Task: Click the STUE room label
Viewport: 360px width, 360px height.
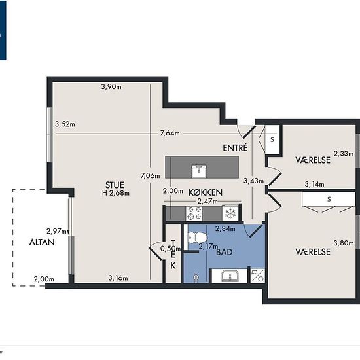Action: (115, 185)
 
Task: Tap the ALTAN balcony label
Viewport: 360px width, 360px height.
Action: (42, 242)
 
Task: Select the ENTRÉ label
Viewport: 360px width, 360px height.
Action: (236, 148)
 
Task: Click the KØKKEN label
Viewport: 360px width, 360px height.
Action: (206, 192)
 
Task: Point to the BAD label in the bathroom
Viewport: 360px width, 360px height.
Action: (225, 252)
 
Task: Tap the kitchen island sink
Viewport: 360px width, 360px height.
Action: (199, 171)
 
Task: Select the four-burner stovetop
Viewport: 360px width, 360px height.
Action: (194, 213)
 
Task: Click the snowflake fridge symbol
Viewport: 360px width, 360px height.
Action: (230, 213)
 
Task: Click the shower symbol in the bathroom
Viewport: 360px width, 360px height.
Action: (196, 276)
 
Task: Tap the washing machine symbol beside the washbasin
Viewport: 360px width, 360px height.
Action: (257, 276)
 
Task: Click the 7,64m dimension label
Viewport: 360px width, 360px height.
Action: (170, 133)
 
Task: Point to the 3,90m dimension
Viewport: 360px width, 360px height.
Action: (111, 86)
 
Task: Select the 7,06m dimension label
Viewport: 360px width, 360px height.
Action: (150, 176)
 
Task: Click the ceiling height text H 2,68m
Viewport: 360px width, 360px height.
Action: (116, 193)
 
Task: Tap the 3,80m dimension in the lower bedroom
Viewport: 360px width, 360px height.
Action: (344, 243)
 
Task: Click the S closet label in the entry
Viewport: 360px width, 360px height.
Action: (272, 139)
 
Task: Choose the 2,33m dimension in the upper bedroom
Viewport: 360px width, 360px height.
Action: (344, 153)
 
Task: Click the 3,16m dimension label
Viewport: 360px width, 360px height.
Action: (118, 278)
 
